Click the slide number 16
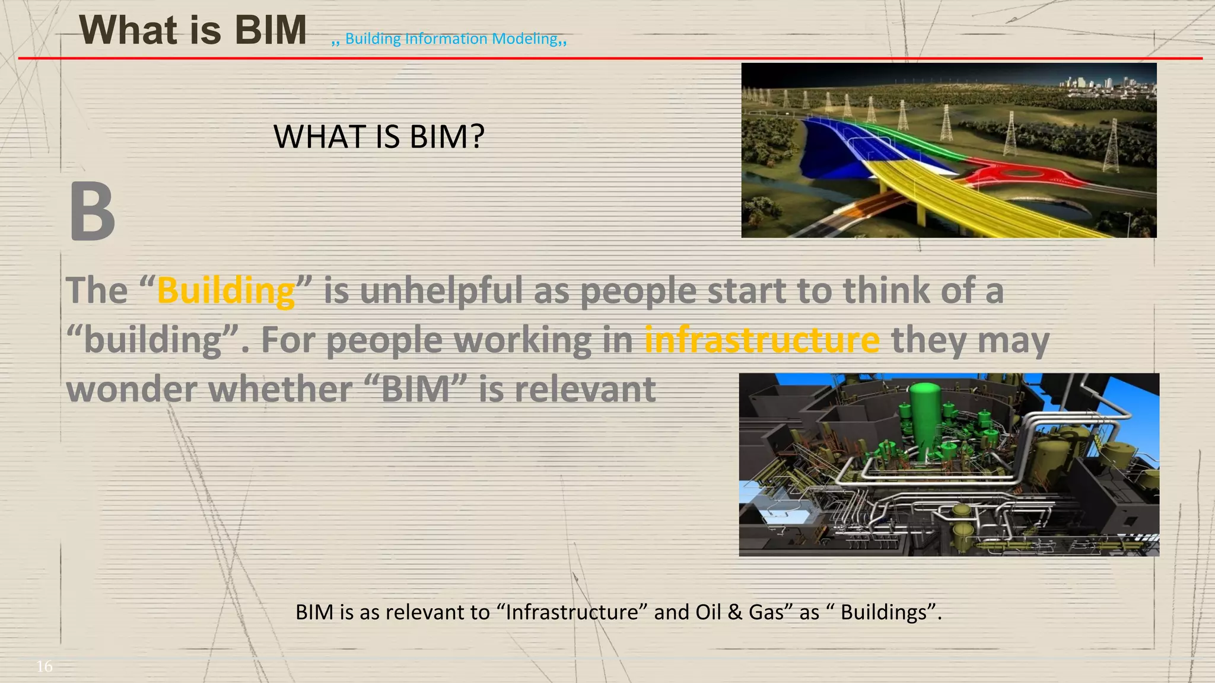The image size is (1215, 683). click(44, 666)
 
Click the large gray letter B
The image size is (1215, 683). click(92, 212)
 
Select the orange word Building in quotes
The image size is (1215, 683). click(225, 291)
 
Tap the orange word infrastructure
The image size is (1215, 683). click(762, 340)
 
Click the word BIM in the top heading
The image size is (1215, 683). click(271, 30)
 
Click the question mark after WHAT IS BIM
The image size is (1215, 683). click(476, 137)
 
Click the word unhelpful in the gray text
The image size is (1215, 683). click(441, 291)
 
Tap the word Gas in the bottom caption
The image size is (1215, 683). click(766, 612)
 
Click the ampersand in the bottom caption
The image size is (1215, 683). click(734, 612)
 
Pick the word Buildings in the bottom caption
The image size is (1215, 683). click(883, 612)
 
